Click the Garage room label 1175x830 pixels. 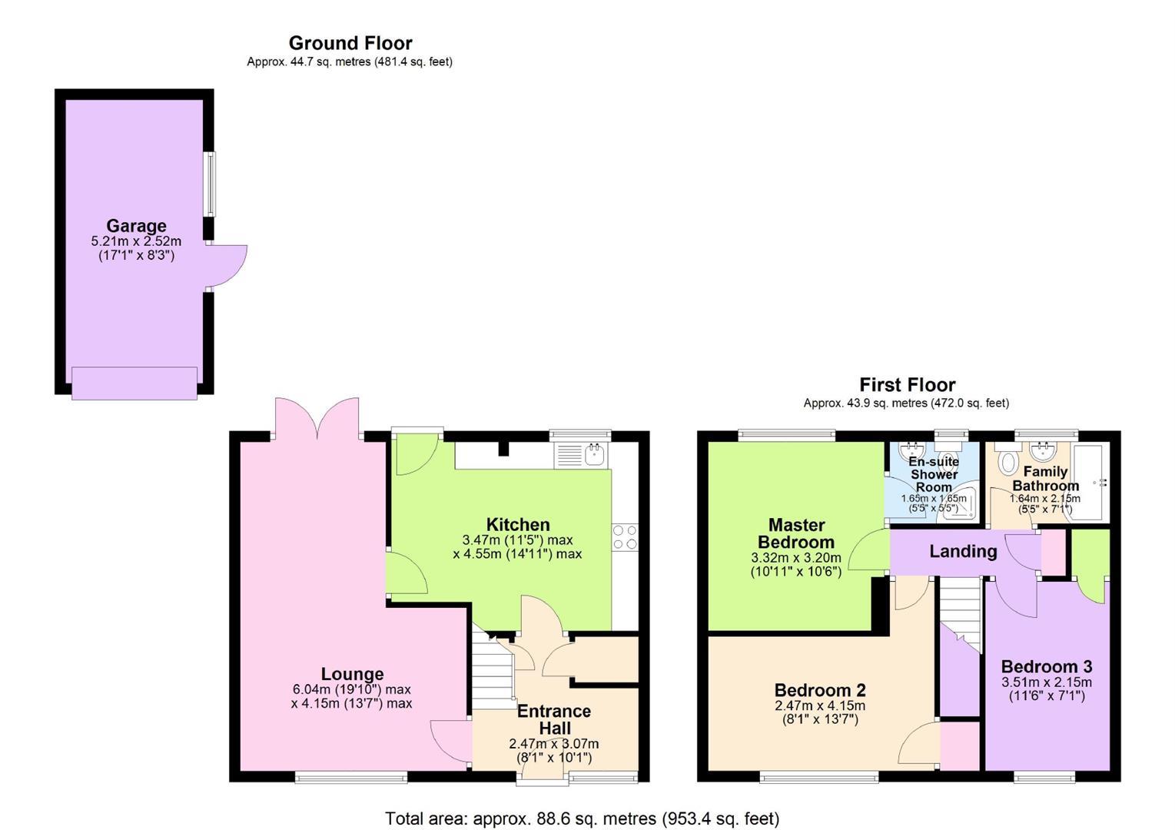(x=136, y=226)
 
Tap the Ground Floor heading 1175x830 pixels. (x=350, y=43)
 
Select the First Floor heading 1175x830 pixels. (x=907, y=385)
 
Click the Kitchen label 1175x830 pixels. (x=518, y=524)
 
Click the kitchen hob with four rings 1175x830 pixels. (x=625, y=536)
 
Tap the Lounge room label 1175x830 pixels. (x=353, y=674)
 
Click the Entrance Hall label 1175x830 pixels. (x=554, y=719)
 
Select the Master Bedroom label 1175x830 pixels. (x=796, y=533)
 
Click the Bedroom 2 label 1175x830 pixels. (x=820, y=690)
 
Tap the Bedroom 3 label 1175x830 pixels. (x=1047, y=666)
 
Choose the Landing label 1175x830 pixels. (x=963, y=551)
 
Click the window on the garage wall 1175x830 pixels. (x=210, y=184)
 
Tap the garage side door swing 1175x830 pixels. (x=226, y=267)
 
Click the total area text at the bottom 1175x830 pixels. (x=583, y=818)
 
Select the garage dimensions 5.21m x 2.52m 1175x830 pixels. (x=136, y=241)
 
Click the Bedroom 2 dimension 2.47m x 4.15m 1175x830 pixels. (x=820, y=706)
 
